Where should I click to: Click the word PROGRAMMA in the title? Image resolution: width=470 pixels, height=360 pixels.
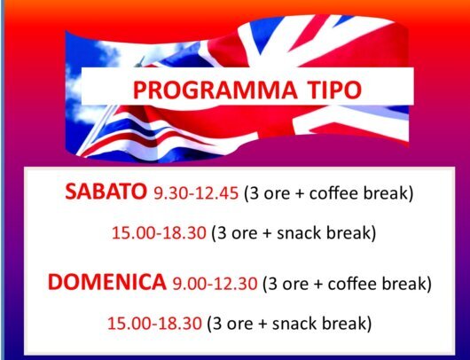pyautogui.click(x=215, y=89)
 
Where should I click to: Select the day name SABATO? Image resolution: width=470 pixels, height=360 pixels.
pyautogui.click(x=106, y=192)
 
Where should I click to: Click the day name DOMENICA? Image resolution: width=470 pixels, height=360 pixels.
pyautogui.click(x=107, y=282)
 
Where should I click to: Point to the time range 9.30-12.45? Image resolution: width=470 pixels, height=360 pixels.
pyautogui.click(x=196, y=192)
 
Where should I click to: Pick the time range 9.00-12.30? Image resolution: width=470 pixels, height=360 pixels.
pyautogui.click(x=215, y=283)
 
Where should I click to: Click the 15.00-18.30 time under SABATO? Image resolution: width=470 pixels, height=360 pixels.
pyautogui.click(x=159, y=232)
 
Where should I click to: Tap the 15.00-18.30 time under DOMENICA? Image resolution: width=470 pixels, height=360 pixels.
pyautogui.click(x=154, y=323)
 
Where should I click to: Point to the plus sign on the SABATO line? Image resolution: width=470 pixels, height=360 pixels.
pyautogui.click(x=300, y=193)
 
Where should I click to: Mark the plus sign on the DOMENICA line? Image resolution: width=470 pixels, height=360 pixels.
pyautogui.click(x=318, y=284)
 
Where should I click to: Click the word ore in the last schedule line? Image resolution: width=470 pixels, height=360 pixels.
pyautogui.click(x=239, y=325)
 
